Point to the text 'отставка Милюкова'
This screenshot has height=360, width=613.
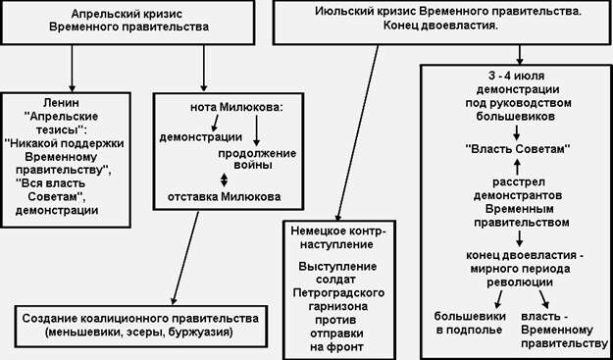(224, 194)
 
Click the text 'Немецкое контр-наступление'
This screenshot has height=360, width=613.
(332, 239)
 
